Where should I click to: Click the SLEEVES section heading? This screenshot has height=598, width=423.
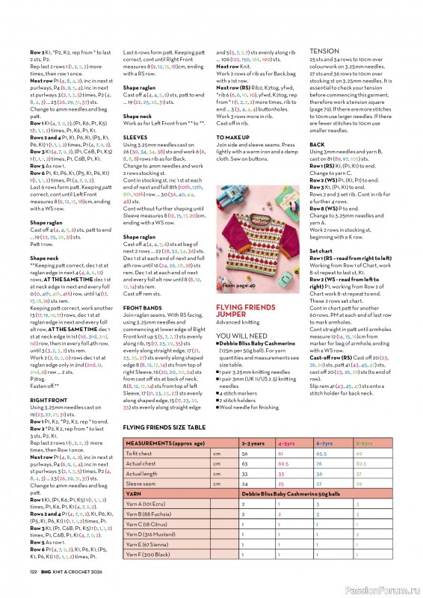coord(135,138)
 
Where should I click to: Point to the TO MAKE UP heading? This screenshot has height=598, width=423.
coord(234,138)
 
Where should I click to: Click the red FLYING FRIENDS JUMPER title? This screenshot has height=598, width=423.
coord(246,311)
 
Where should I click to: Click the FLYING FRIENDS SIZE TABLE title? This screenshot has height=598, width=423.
coord(164,427)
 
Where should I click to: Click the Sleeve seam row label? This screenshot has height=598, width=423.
coord(142,484)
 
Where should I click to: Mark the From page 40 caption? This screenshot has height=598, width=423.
coord(238,285)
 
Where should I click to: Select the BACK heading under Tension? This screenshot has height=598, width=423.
coord(317,144)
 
